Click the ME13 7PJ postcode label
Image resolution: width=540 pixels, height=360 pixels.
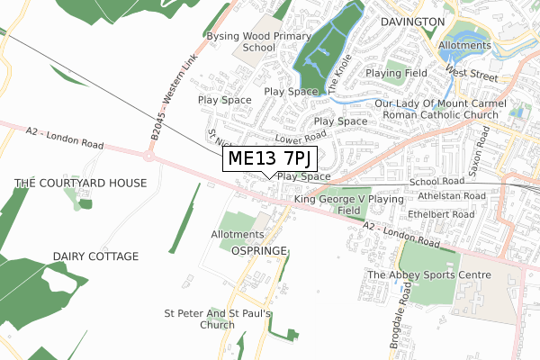point(270,159)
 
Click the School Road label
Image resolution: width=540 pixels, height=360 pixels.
point(435,182)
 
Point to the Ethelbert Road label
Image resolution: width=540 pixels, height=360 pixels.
point(440,215)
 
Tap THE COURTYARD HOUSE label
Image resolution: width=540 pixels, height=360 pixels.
point(80,183)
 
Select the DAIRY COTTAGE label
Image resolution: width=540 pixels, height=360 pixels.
point(95,256)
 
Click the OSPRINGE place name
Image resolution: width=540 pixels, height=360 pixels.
point(258,249)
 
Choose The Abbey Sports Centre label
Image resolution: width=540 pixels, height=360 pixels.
point(428,274)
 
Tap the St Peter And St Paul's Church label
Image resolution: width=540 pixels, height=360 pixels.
point(217,319)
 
